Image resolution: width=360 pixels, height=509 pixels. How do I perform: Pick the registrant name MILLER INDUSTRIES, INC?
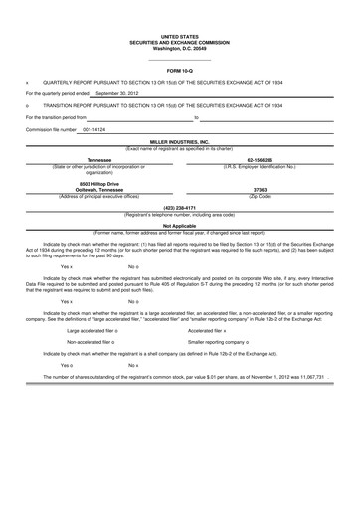coord(179,142)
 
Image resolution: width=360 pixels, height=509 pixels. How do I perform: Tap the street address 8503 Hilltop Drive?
coord(99,183)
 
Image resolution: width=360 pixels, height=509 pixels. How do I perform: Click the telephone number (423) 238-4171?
coord(179,207)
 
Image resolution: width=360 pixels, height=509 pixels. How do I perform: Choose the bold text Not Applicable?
coord(179,225)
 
